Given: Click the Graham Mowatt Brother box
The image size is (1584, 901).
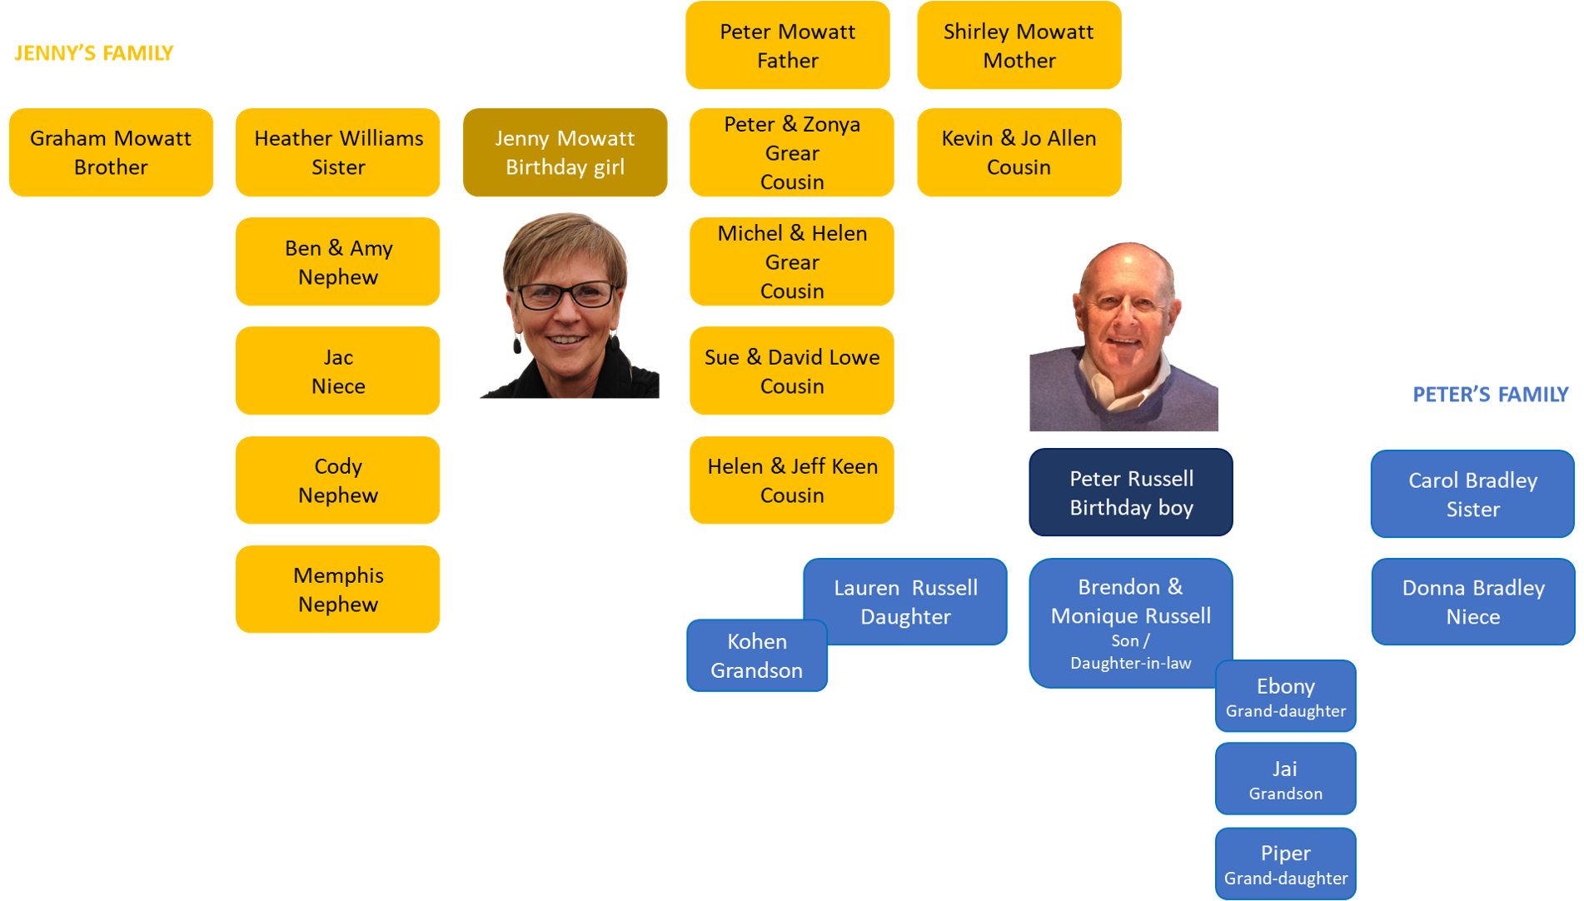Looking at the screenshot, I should pyautogui.click(x=111, y=152).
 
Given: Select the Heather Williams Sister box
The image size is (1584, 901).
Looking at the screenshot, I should pyautogui.click(x=338, y=152).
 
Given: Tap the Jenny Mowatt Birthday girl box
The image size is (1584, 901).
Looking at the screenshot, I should pyautogui.click(x=565, y=152).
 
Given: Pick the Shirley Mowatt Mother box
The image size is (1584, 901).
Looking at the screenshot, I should pyautogui.click(x=1019, y=46).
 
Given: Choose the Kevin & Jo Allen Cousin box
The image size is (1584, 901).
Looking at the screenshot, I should pyautogui.click(x=1019, y=152).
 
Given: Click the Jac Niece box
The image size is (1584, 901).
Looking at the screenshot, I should pyautogui.click(x=338, y=371).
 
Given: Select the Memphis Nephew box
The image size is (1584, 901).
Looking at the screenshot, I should pyautogui.click(x=338, y=590).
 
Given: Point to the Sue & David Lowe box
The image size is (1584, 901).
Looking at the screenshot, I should pyautogui.click(x=791, y=371).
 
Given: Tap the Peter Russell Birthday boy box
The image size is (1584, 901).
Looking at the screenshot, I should pyautogui.click(x=1131, y=493).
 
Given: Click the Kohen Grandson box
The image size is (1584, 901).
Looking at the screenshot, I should pyautogui.click(x=756, y=656).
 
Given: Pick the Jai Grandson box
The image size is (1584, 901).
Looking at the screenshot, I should pyautogui.click(x=1285, y=779).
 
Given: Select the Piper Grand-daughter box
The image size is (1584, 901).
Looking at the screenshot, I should pyautogui.click(x=1285, y=864).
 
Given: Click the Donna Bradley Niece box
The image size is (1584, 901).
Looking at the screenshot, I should pyautogui.click(x=1472, y=602).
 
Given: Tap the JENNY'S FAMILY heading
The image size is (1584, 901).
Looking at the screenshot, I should pyautogui.click(x=94, y=53).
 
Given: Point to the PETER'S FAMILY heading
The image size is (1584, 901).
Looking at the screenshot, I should pyautogui.click(x=1490, y=395).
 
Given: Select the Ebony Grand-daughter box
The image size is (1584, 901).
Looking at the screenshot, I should pyautogui.click(x=1285, y=697).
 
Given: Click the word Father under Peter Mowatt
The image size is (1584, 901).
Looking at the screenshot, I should pyautogui.click(x=788, y=61).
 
